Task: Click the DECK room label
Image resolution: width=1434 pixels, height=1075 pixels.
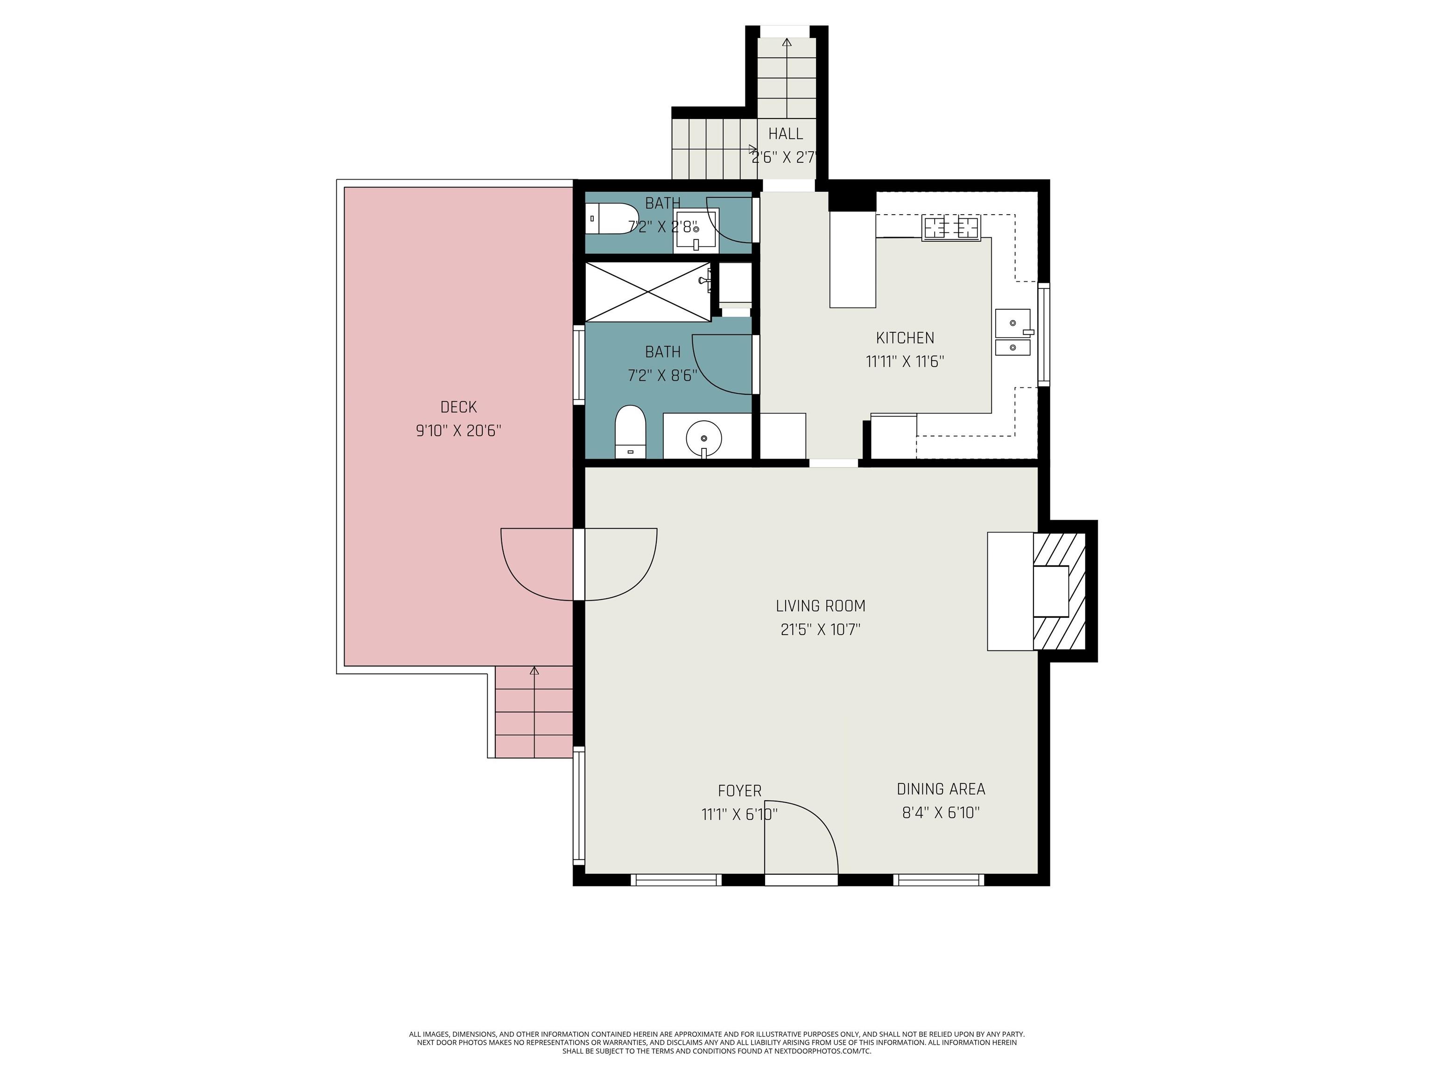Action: pos(458,407)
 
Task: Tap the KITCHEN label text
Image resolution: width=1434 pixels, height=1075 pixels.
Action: pos(905,338)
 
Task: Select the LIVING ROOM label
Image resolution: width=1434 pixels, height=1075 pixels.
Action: pos(821,606)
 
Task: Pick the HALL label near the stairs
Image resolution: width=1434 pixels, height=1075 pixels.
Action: pos(786,134)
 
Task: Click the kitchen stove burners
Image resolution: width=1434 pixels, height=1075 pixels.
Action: pos(951,228)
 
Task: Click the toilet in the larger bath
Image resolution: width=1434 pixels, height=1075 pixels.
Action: pos(630,432)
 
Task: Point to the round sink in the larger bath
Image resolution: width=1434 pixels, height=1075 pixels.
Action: pos(703,439)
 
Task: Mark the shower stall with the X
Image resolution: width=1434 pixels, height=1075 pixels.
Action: pos(647,292)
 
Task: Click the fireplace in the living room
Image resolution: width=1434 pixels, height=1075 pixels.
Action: pos(1059,591)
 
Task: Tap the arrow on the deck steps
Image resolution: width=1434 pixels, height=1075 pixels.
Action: pos(534,712)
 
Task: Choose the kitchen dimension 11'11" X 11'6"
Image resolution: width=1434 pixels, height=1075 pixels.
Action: pos(905,362)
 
